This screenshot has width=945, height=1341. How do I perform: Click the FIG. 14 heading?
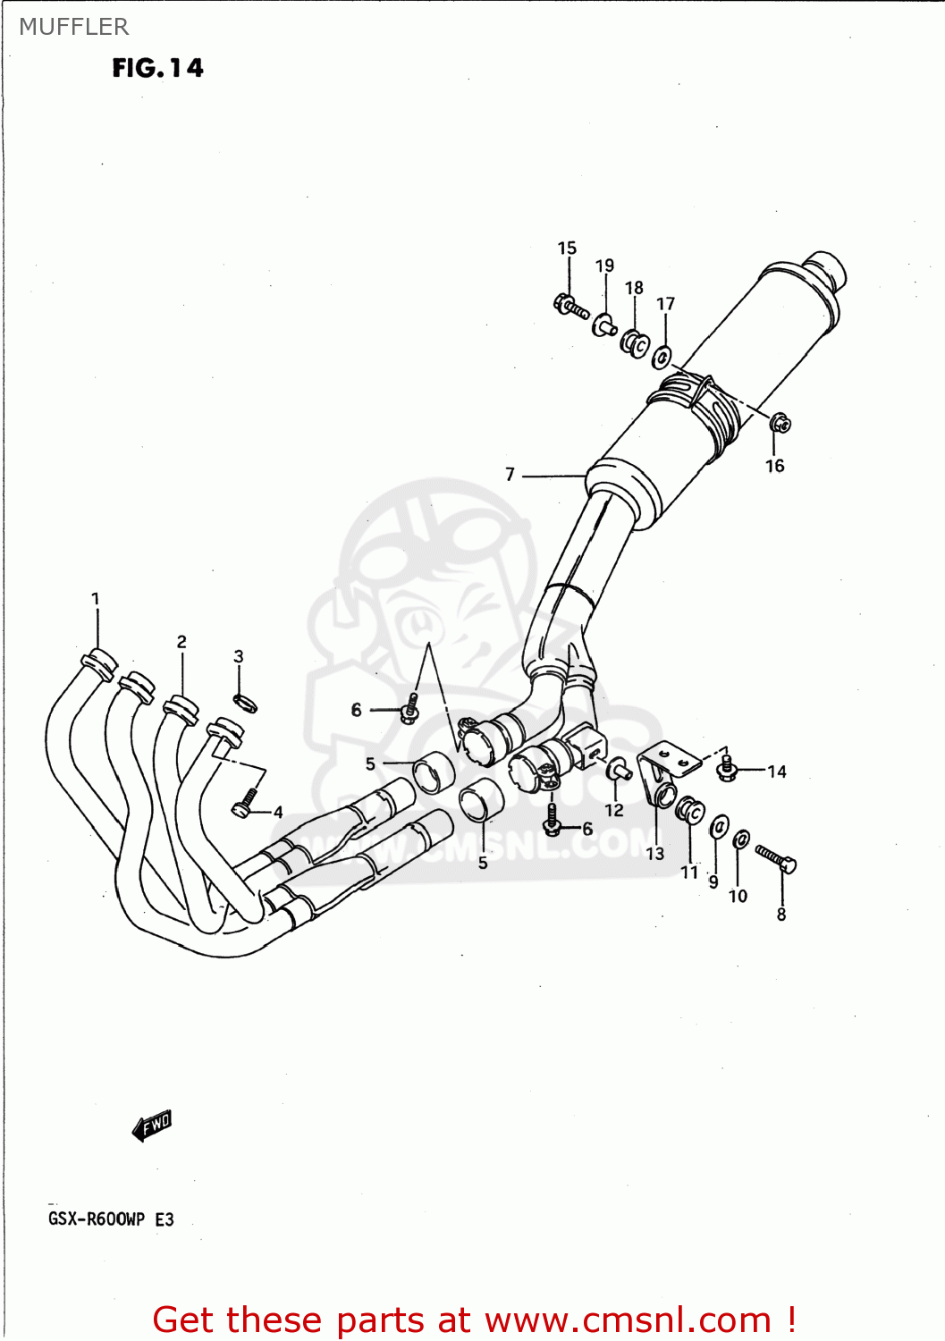(157, 68)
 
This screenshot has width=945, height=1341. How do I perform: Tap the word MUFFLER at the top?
(74, 27)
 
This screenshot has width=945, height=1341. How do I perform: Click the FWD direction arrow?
(152, 1126)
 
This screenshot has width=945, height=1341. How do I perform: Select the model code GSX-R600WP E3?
(111, 1219)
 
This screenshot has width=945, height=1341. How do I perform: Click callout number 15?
(567, 249)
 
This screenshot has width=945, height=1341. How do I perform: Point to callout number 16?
(774, 466)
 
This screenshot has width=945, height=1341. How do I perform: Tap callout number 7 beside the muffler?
(510, 475)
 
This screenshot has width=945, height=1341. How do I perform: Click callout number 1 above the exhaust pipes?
(96, 599)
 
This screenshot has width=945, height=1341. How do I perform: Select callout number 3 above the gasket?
(239, 656)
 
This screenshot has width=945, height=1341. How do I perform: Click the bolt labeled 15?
(570, 307)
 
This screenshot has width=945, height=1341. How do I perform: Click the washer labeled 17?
(662, 358)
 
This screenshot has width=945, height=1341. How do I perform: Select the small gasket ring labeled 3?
(245, 703)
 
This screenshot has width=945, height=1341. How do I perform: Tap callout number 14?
(776, 772)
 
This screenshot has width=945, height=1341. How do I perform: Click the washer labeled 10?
(741, 839)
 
